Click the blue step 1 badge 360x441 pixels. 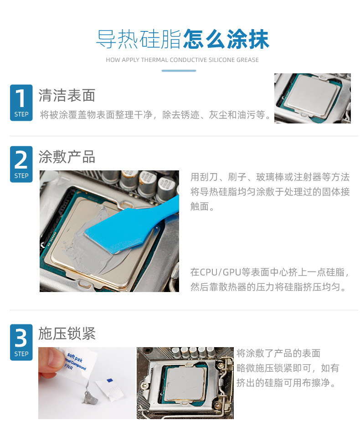click(x=21, y=103)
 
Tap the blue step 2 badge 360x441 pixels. click(x=21, y=164)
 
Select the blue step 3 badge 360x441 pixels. click(x=21, y=342)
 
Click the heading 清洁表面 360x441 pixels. click(x=67, y=95)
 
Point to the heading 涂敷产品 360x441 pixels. click(x=67, y=157)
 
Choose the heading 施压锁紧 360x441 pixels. click(x=67, y=333)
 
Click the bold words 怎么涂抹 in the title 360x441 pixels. click(x=226, y=39)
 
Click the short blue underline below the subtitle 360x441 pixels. click(x=179, y=71)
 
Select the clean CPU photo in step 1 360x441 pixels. click(x=313, y=98)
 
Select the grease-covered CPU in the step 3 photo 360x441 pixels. click(x=185, y=383)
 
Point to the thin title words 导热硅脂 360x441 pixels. click(x=139, y=39)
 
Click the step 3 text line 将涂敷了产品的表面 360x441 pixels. click(x=278, y=353)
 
